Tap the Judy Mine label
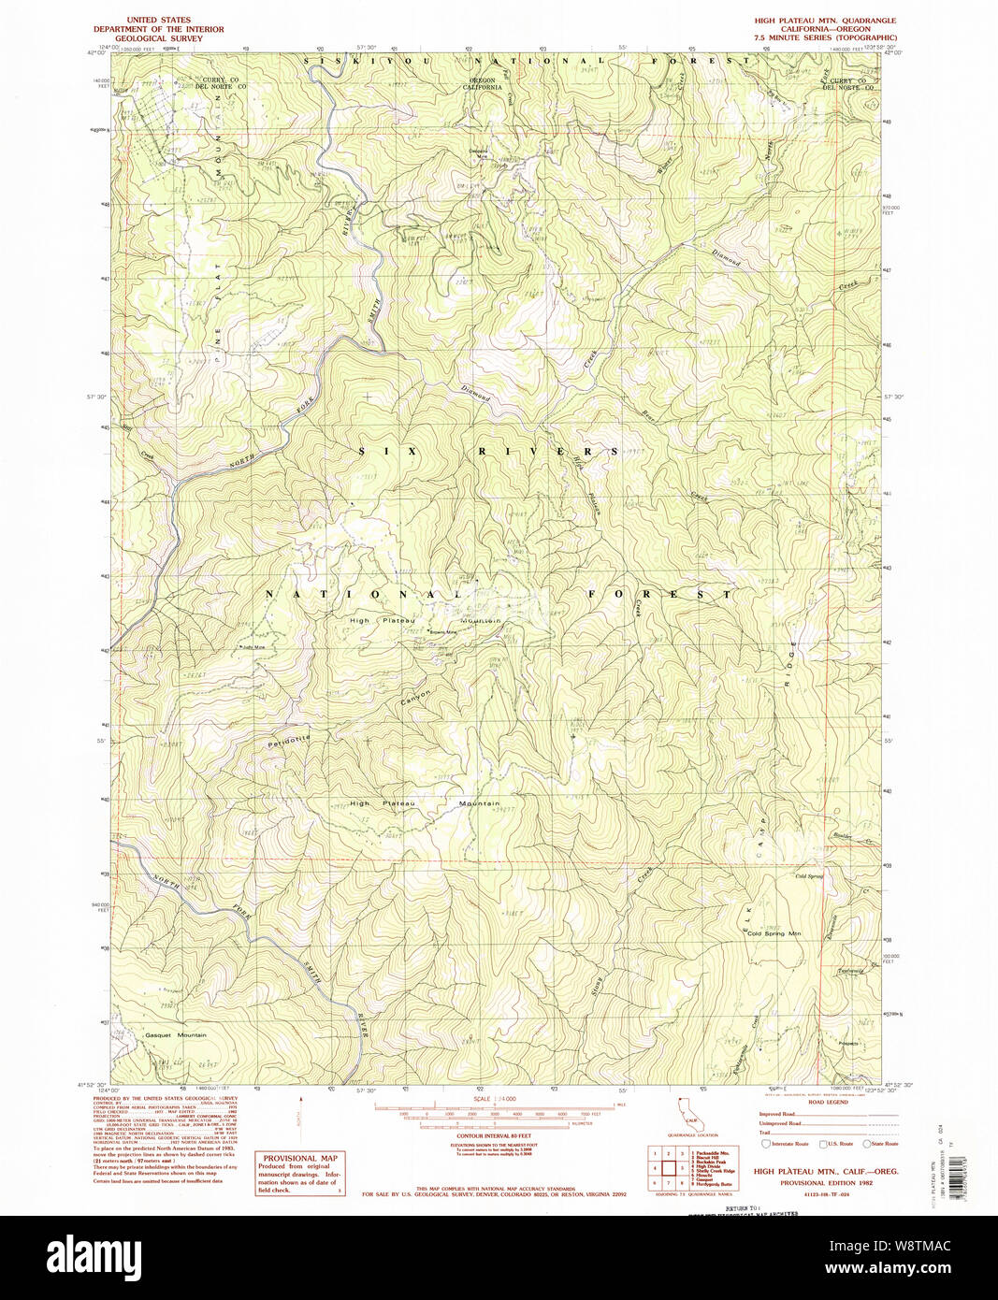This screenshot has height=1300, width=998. click(x=253, y=647)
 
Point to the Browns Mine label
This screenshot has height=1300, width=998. click(x=442, y=632)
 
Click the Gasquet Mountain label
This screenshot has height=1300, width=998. click(x=176, y=1035)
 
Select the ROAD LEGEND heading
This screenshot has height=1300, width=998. click(x=828, y=1102)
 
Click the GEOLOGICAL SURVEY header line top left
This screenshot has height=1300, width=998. click(x=157, y=39)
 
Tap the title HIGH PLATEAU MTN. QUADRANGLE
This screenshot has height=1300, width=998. click(x=825, y=21)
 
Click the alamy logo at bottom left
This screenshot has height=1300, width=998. click(x=94, y=1254)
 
